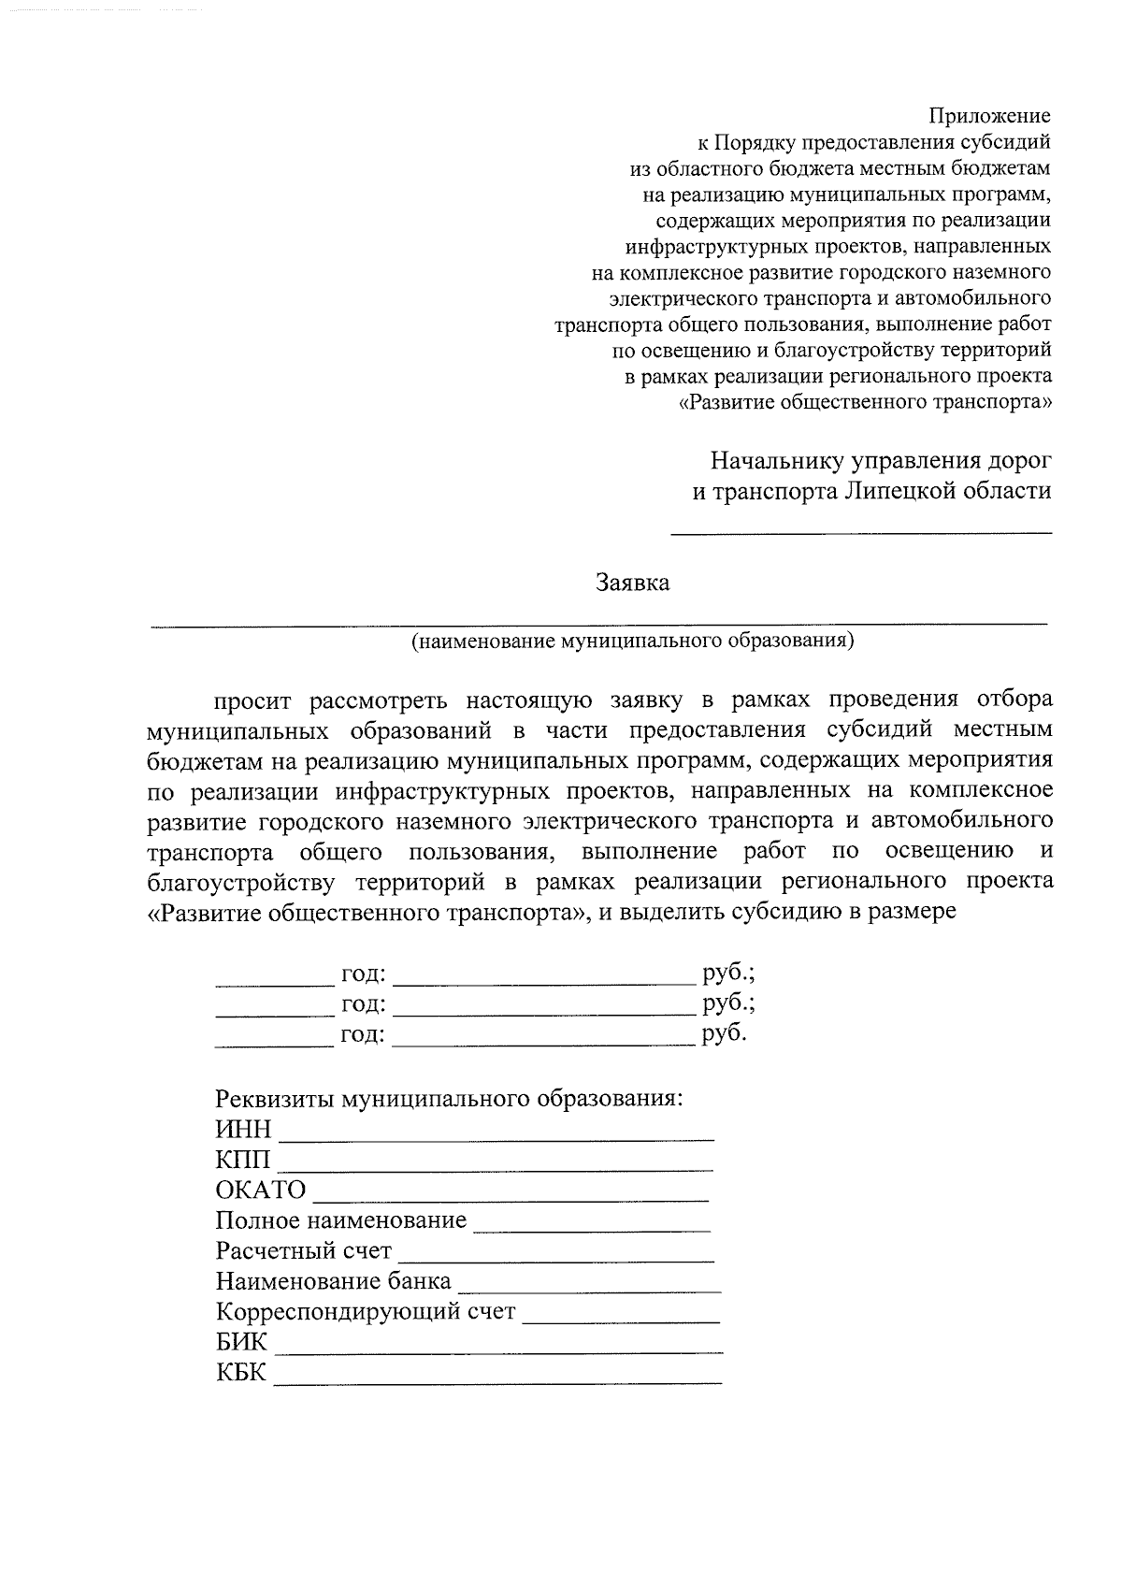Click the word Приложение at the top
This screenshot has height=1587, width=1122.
point(989,116)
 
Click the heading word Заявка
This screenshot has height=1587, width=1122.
point(633,583)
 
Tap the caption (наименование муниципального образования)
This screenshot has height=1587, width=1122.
point(633,641)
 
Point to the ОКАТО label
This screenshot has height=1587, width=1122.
point(260,1190)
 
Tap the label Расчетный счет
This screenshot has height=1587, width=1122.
point(303,1251)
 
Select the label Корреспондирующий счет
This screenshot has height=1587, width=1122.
point(365,1311)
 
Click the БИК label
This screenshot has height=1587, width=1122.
point(241,1342)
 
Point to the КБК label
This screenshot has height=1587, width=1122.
point(240,1373)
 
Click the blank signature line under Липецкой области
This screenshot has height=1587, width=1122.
point(861,533)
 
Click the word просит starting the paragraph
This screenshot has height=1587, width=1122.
point(252,700)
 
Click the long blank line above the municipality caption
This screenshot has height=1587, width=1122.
point(598,623)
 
